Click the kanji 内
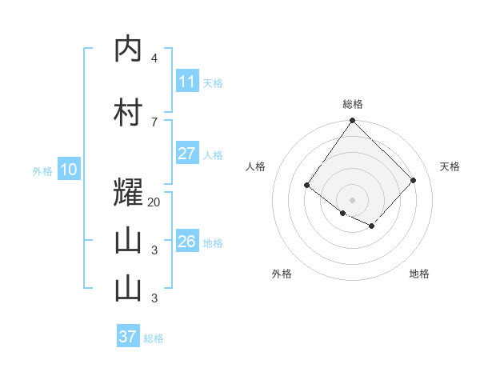(128, 50)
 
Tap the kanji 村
(128, 113)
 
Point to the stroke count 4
(154, 58)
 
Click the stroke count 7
(154, 122)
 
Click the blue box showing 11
(187, 82)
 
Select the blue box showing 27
(187, 154)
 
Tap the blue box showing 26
(187, 242)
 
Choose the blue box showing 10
(68, 170)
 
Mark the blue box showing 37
(128, 337)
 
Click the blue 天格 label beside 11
(213, 82)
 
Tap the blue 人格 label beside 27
(213, 154)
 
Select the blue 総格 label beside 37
(154, 338)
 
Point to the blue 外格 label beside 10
(42, 170)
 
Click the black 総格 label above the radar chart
(352, 104)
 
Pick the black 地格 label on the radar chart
(419, 274)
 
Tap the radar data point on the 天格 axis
(413, 180)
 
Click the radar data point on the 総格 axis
(352, 121)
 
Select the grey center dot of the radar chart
(352, 199)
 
